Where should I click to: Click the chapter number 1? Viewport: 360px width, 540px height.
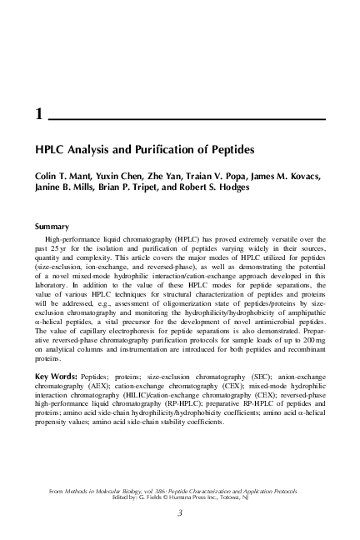click(x=38, y=117)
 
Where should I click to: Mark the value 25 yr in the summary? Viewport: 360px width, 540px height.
click(x=48, y=250)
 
